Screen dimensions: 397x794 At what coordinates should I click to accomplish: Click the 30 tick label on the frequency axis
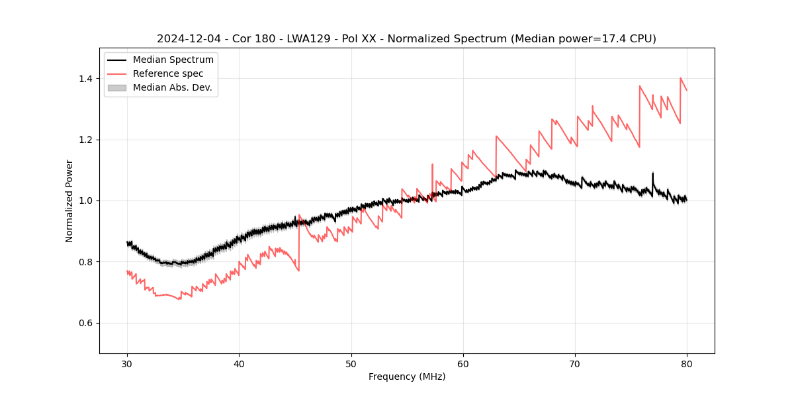tap(127, 363)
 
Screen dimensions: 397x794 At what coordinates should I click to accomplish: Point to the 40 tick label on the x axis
tap(239, 363)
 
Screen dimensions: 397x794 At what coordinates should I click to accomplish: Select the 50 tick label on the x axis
tap(351, 363)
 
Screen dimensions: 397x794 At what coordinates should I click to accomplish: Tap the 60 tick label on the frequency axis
tap(463, 363)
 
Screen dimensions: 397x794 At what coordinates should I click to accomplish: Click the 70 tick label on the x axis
tap(574, 363)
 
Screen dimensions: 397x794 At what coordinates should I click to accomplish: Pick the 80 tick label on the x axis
tap(686, 363)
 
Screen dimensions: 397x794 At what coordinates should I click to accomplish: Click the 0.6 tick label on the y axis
tap(86, 323)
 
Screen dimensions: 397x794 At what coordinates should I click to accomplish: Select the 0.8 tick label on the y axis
tap(86, 262)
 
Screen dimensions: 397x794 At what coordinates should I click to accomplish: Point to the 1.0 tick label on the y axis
tap(86, 200)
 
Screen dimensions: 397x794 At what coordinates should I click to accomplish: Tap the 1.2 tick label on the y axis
tap(86, 140)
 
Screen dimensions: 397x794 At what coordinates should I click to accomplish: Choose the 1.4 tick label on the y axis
tap(86, 79)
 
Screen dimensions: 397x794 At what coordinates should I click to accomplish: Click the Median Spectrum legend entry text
tap(173, 60)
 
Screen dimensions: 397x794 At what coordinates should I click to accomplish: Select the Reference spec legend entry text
tap(168, 73)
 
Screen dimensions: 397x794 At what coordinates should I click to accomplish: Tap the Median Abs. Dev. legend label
tap(172, 87)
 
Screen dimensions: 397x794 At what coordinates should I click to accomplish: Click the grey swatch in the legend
tap(117, 87)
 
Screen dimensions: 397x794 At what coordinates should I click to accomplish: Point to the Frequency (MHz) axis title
tap(407, 376)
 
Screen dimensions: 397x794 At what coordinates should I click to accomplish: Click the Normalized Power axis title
tap(69, 200)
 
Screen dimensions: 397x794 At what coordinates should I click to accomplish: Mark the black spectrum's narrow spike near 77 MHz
tap(652, 175)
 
